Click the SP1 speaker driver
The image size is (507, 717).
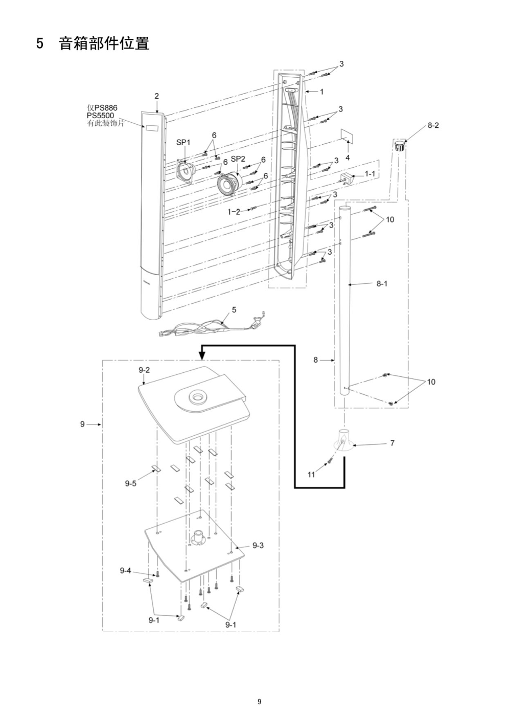coord(185,172)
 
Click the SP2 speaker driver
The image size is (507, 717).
coord(228,183)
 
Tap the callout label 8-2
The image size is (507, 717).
coord(433,126)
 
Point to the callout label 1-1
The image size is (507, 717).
coord(370,173)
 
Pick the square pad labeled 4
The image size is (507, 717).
coord(348,137)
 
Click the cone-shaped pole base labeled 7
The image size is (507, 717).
coord(344,440)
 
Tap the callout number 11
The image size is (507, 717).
coord(311,475)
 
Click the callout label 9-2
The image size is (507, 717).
coord(144,370)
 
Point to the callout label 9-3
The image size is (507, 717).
coord(258,546)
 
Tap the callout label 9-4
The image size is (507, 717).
coord(125,570)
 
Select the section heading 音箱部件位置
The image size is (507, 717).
coord(104,43)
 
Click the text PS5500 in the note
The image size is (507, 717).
coord(100,116)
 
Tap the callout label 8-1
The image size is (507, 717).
coord(382,284)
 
